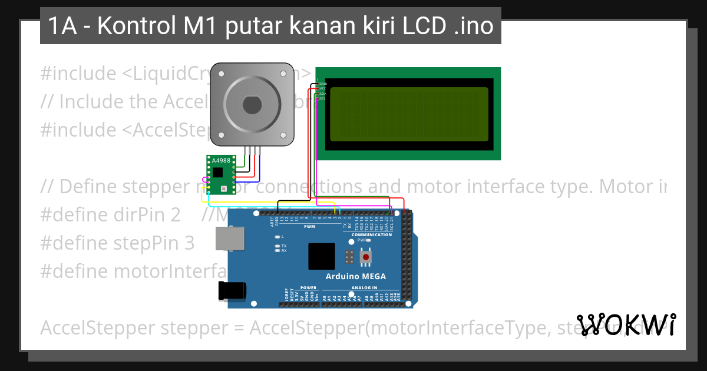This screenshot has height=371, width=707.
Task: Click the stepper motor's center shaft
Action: click(x=252, y=105)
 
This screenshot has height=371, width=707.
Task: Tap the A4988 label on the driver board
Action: click(x=222, y=160)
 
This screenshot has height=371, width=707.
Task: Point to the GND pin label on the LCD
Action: click(x=323, y=84)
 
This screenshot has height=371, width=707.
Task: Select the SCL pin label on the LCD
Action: click(x=322, y=98)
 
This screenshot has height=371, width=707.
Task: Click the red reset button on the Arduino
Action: click(x=366, y=257)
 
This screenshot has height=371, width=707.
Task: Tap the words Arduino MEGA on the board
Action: click(x=356, y=276)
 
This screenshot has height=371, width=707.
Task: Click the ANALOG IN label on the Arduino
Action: click(x=364, y=288)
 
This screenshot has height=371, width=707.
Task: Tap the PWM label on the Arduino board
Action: click(x=309, y=227)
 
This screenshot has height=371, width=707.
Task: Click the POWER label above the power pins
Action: click(x=308, y=288)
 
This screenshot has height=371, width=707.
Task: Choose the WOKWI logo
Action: click(x=626, y=325)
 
